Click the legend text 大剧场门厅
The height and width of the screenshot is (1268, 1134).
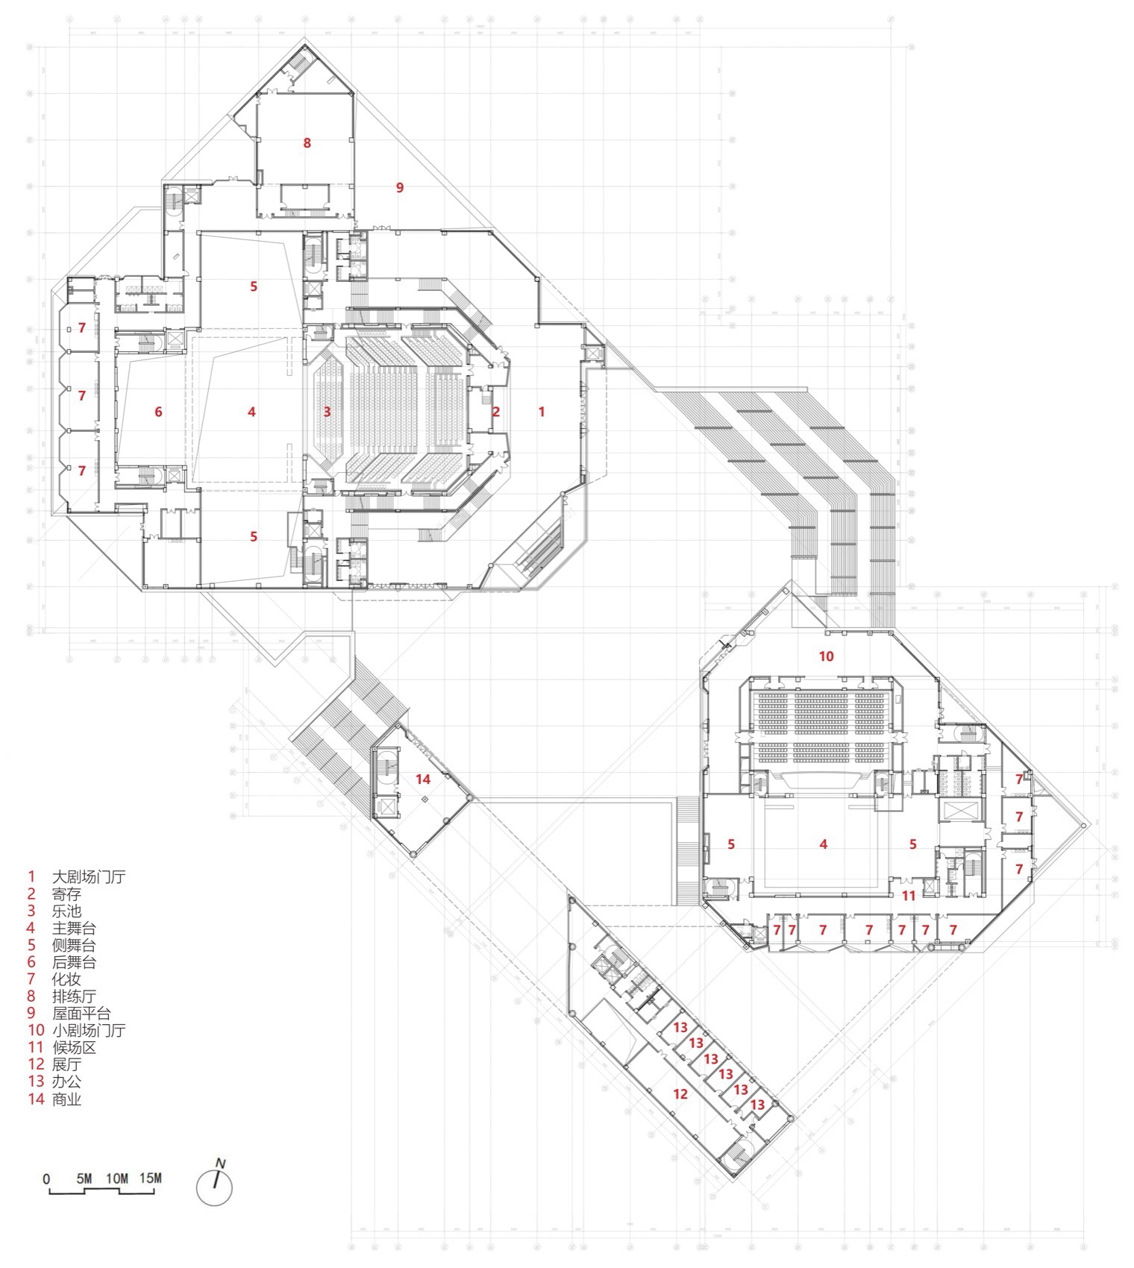(x=88, y=876)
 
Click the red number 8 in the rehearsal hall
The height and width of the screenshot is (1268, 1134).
(x=307, y=142)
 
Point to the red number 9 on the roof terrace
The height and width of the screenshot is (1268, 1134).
(x=399, y=187)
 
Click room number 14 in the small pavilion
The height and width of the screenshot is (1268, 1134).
(x=423, y=779)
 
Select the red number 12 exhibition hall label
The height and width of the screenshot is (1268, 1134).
(x=680, y=1094)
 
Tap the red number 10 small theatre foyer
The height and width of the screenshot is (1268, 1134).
(x=825, y=656)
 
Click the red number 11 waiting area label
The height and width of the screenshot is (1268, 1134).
(x=908, y=895)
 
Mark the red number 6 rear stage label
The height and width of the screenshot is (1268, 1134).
(x=158, y=411)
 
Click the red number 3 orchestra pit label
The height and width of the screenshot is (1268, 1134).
(x=327, y=411)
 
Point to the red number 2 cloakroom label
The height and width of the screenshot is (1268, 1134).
(x=495, y=411)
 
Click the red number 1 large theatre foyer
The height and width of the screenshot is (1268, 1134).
(x=542, y=411)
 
